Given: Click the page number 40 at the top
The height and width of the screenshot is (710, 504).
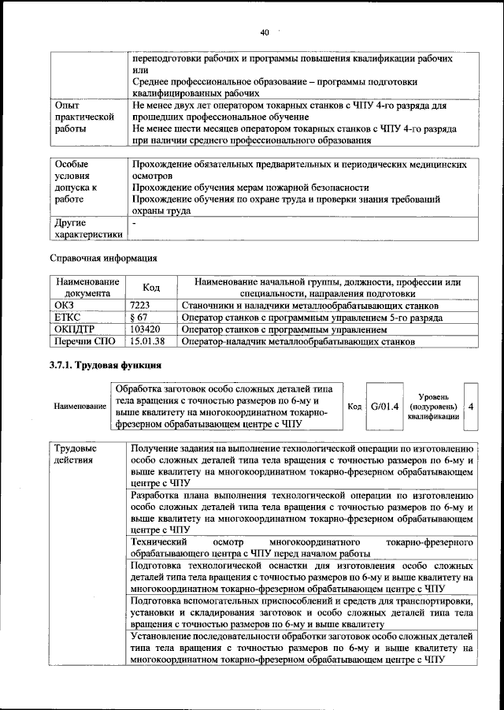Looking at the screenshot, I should click(x=264, y=32).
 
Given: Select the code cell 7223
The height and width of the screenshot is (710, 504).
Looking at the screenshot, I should click(x=140, y=305).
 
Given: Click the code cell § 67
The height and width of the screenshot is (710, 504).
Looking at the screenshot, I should click(x=139, y=318).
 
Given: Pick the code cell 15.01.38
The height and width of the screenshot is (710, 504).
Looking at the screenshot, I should click(x=146, y=342).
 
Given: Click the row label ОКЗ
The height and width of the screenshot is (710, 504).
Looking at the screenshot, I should click(x=64, y=305).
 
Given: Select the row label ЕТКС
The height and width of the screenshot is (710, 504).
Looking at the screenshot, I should click(x=67, y=318).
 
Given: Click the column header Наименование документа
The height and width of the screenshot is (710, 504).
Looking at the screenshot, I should click(x=87, y=288).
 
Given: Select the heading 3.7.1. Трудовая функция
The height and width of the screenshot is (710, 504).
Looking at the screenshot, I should click(x=106, y=366).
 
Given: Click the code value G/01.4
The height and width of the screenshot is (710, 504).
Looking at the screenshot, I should click(x=386, y=406).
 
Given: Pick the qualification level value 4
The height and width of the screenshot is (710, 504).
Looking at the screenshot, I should click(x=470, y=406).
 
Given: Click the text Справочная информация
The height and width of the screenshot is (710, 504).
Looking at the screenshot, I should click(x=103, y=257).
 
